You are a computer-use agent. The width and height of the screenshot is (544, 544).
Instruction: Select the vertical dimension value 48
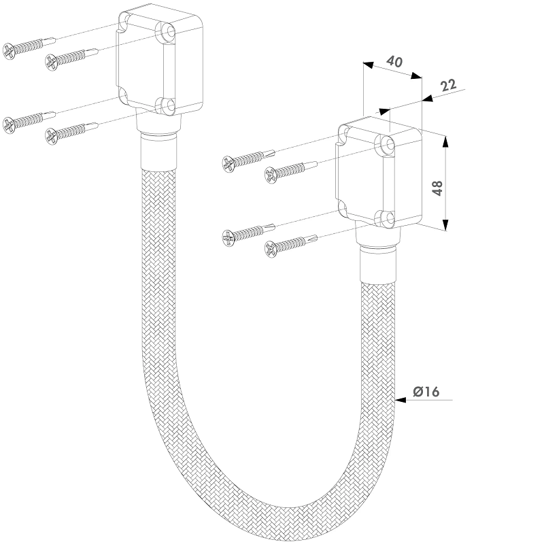438,188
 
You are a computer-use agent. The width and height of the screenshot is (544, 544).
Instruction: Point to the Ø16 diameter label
426,391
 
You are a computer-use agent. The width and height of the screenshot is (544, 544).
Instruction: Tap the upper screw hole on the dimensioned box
387,143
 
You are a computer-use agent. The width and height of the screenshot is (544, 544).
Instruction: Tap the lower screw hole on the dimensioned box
387,218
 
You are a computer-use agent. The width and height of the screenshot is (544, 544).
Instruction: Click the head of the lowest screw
271,250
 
